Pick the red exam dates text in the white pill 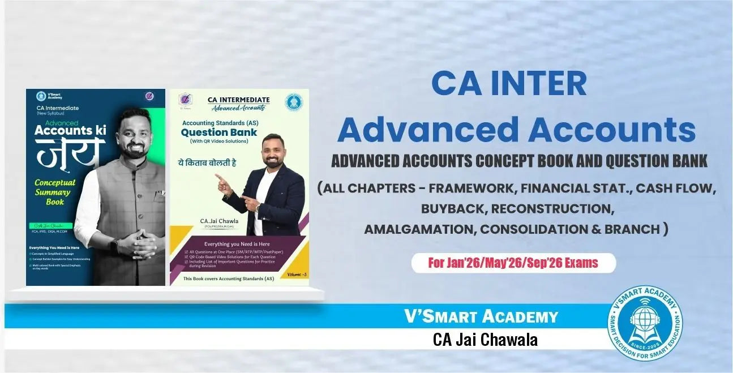click(x=513, y=263)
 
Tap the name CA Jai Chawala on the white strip click(x=485, y=339)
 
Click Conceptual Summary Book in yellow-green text click(x=55, y=192)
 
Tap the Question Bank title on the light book click(x=218, y=132)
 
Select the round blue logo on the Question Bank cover click(x=293, y=102)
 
